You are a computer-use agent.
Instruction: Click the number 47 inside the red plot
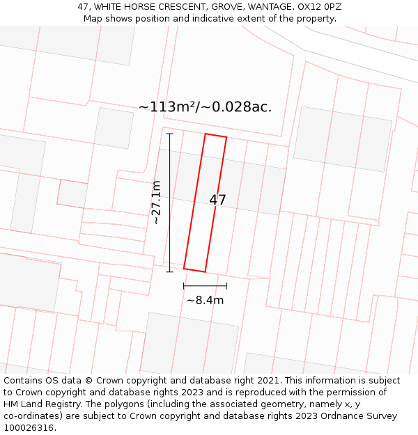[217, 200]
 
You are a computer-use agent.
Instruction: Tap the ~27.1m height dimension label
[156, 203]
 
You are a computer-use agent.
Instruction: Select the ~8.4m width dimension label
[205, 301]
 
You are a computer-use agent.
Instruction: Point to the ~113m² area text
[167, 107]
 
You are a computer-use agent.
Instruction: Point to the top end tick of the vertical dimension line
[169, 134]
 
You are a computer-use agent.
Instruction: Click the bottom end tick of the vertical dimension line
[169, 271]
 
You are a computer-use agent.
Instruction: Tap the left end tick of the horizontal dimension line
[184, 285]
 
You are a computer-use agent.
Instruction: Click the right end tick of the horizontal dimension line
[226, 285]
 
